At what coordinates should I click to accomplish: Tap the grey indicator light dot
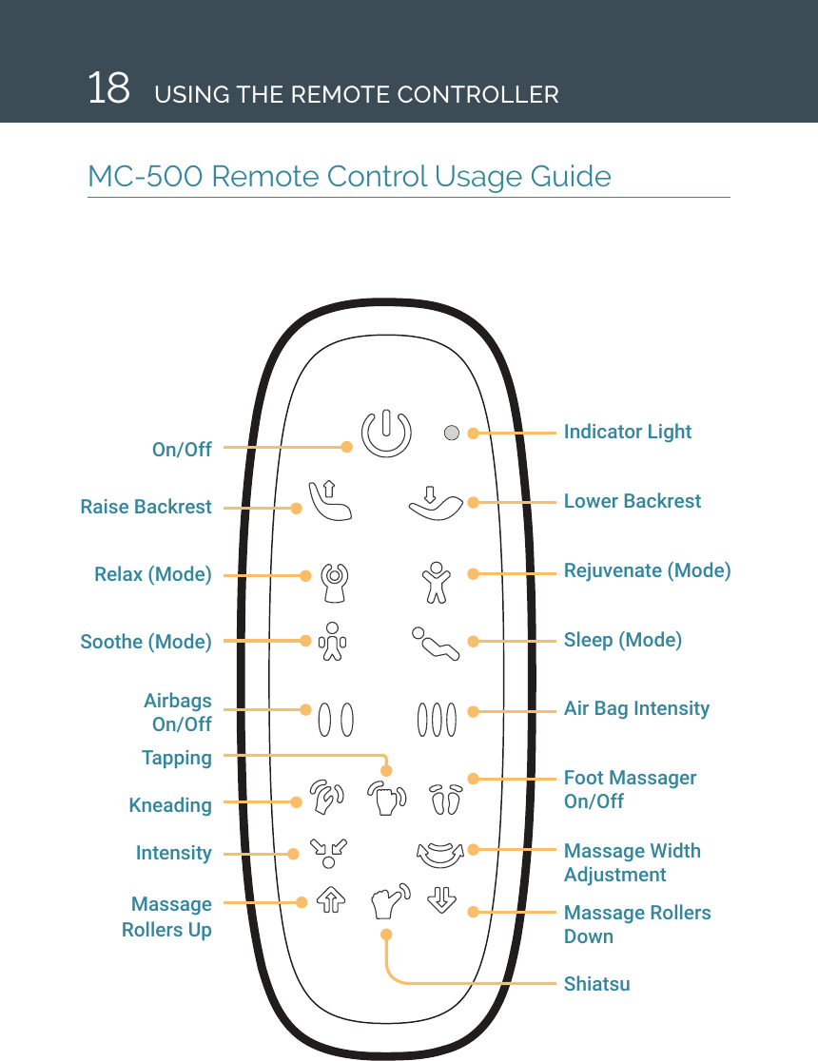pos(452,433)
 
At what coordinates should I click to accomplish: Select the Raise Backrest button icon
pos(329,500)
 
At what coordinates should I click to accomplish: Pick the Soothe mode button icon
pos(332,642)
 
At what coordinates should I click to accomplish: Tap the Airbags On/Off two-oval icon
pos(336,719)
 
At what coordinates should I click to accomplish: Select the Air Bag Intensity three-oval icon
pos(435,719)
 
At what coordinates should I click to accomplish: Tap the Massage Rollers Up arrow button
pos(329,899)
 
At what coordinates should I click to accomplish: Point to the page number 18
pos(108,89)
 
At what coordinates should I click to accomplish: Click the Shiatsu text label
pos(596,984)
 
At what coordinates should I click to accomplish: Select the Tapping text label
pos(177,758)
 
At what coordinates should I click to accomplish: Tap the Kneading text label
pos(170,805)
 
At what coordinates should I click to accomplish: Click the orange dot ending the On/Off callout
pos(346,446)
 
